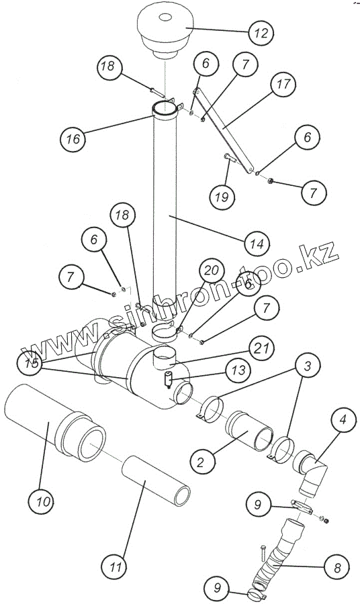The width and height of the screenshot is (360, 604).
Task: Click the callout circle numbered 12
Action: [261, 33]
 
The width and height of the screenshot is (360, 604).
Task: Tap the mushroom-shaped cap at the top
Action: [165, 34]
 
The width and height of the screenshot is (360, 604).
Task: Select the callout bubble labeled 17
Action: [283, 84]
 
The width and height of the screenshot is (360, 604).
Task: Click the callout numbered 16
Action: [73, 139]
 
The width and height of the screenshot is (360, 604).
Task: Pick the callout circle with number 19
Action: [222, 197]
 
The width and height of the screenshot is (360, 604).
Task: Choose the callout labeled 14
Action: [257, 244]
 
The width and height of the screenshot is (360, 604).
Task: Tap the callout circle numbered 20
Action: [212, 271]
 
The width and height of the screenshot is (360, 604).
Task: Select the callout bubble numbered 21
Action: [262, 348]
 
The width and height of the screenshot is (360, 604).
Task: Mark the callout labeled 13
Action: [238, 370]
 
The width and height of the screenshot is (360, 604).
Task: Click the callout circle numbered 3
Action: [307, 366]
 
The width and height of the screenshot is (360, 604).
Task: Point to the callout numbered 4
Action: [343, 419]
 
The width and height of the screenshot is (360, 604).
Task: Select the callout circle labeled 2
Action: [203, 461]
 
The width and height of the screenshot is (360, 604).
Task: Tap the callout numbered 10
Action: [41, 501]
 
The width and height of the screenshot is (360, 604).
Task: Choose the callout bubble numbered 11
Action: [114, 567]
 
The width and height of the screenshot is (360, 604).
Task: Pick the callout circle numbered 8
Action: [337, 567]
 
